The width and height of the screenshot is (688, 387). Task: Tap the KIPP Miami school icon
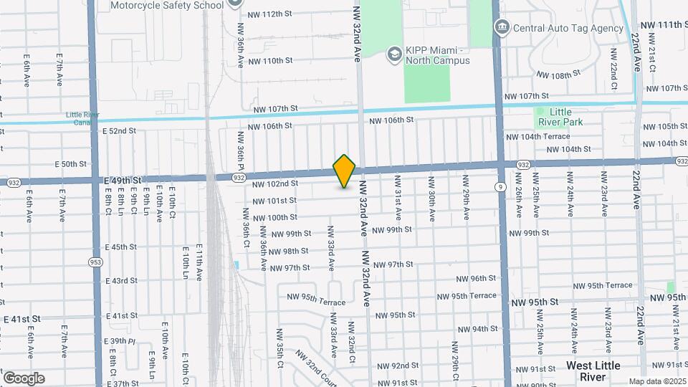[393, 54]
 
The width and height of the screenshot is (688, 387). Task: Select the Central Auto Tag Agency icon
[502, 28]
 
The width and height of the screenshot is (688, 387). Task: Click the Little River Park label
[560, 117]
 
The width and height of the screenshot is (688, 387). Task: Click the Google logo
[24, 378]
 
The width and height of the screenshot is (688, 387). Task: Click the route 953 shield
[95, 262]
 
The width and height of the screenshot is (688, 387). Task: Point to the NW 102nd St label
[274, 183]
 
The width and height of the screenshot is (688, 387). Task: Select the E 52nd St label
[119, 131]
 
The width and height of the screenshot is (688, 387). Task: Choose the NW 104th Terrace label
[537, 136]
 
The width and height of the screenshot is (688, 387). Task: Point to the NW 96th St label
[477, 278]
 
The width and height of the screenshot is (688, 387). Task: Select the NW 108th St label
[557, 75]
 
